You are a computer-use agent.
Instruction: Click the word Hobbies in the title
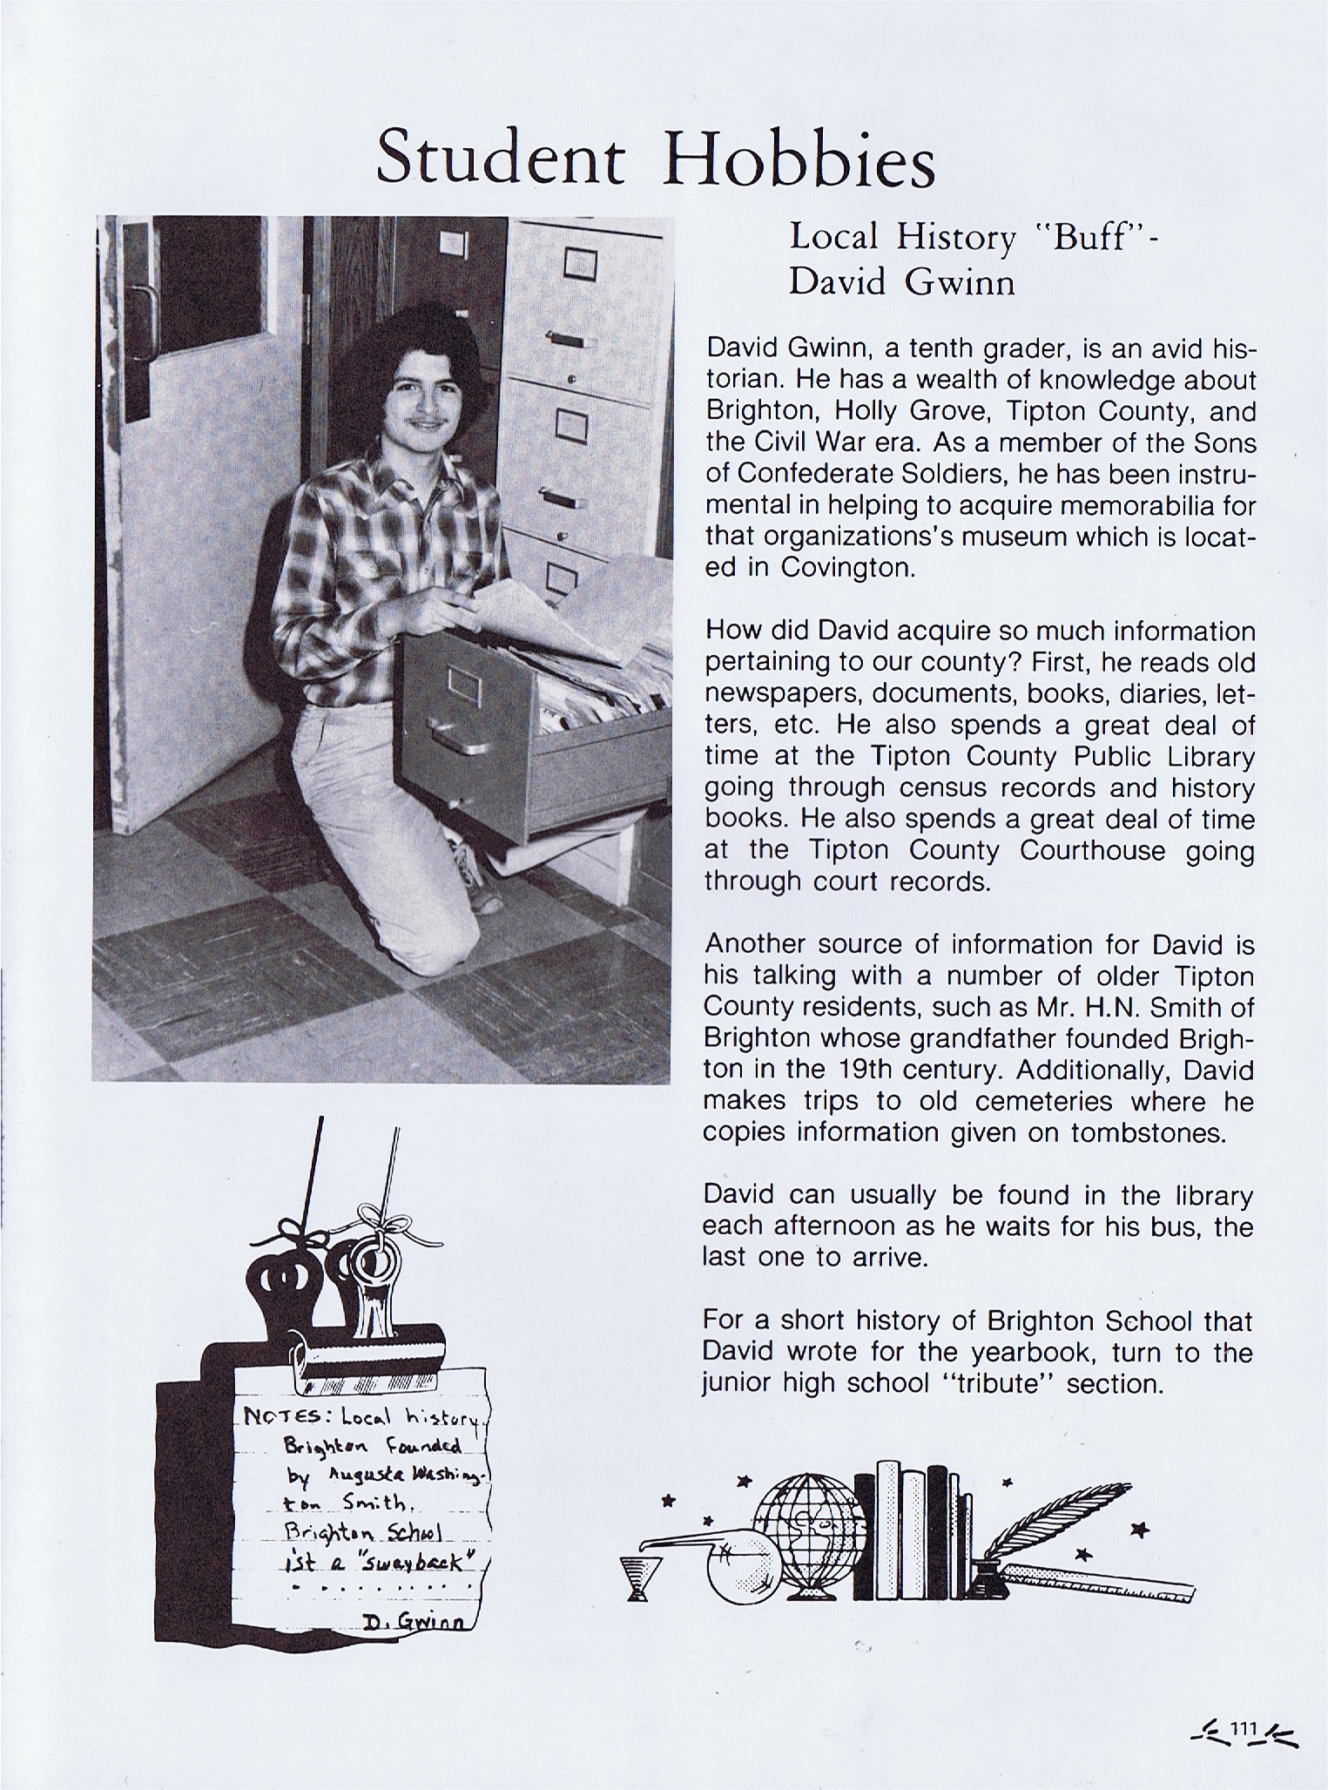pos(799,158)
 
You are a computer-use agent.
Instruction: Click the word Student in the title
pos(501,158)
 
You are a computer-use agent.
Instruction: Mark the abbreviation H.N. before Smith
pos(1111,1007)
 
